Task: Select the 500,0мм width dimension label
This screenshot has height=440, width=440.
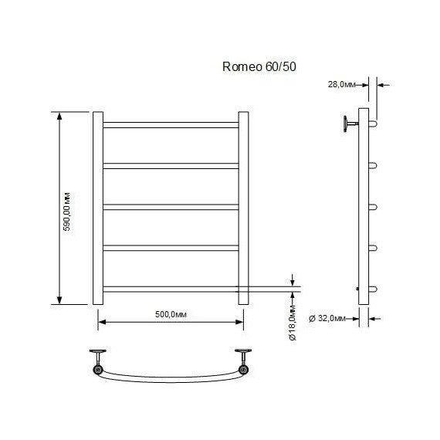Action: (x=169, y=313)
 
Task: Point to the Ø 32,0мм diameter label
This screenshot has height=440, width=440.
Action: (x=330, y=317)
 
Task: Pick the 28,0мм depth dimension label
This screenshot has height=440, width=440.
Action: (x=342, y=85)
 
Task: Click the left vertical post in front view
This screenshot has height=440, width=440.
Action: (x=98, y=208)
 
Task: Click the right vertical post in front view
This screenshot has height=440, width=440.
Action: (x=243, y=208)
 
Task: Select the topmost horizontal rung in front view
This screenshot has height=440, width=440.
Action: (x=171, y=124)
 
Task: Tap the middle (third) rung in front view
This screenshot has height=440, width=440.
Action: (x=171, y=206)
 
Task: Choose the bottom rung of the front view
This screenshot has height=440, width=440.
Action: (x=171, y=289)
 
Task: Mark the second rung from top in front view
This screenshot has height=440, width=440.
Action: (x=171, y=165)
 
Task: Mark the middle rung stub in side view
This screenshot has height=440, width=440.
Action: (x=374, y=206)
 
